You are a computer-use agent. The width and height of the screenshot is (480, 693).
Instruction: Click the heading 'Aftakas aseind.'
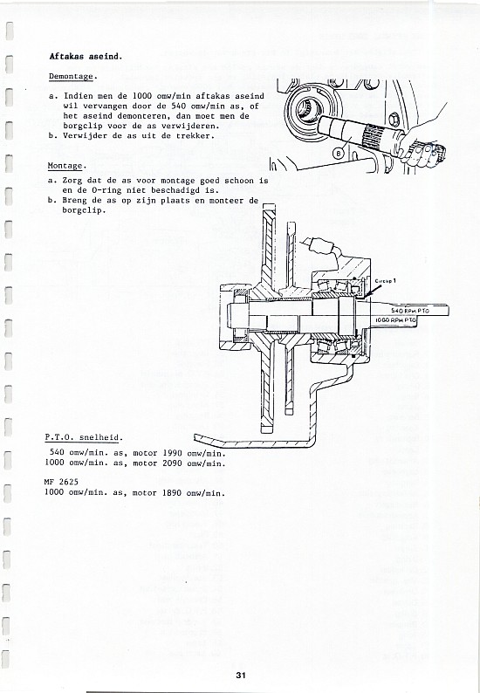86,57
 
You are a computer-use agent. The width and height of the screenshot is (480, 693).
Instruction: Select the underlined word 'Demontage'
72,77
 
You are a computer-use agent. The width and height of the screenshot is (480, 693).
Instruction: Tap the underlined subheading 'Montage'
65,166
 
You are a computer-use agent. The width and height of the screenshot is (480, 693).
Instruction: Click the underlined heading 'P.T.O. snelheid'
82,437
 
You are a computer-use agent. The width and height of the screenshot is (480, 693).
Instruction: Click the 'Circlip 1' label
386,281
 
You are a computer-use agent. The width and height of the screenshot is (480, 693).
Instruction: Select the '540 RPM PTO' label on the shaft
409,311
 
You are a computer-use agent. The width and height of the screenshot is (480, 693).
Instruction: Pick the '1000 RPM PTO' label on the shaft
396,319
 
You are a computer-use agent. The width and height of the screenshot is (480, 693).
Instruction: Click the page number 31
241,675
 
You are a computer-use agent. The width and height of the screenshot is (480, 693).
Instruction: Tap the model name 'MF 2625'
61,482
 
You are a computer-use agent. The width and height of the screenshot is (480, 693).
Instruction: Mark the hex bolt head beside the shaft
394,119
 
